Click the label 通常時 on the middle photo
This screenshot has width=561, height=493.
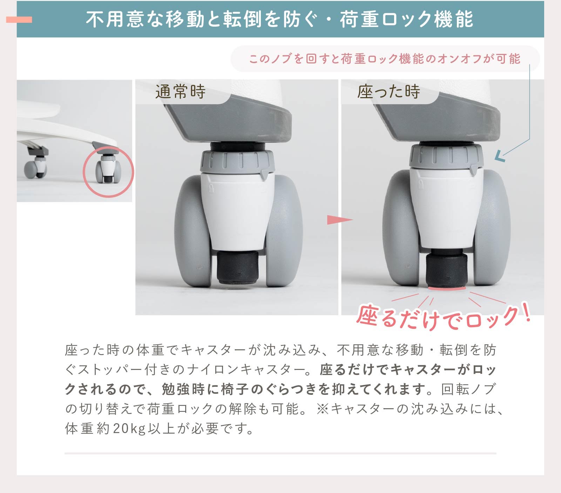click(x=180, y=92)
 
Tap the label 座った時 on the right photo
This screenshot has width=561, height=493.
click(x=388, y=92)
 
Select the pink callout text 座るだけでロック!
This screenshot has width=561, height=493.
click(x=443, y=318)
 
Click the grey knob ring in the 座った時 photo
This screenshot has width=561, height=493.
click(x=446, y=156)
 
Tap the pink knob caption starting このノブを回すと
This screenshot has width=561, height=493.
click(x=385, y=59)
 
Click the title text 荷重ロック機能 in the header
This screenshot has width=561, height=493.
click(x=406, y=19)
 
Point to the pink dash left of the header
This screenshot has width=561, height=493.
click(x=19, y=20)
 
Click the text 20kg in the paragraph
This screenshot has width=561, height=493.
click(x=129, y=428)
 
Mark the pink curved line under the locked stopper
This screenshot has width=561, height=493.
click(x=447, y=289)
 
